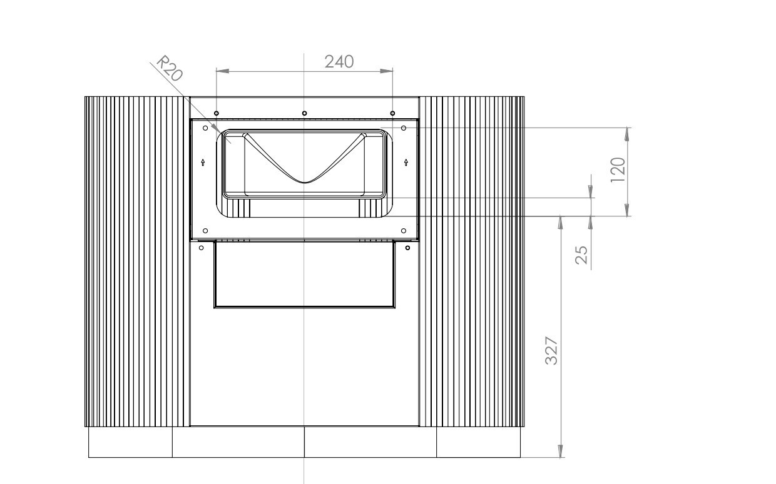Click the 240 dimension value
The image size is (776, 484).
[x=339, y=61]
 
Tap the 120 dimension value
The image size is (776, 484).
[x=618, y=169]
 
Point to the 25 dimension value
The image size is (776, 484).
[x=581, y=255]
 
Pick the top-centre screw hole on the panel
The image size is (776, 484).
[x=304, y=113]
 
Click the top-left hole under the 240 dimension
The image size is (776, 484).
[x=216, y=113]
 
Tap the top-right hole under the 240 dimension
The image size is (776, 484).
[x=392, y=113]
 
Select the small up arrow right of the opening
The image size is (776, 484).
[x=407, y=162]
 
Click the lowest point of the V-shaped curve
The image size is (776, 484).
[x=304, y=182]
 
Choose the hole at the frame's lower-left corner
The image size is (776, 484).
[x=205, y=231]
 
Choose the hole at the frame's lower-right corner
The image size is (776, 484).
[x=404, y=231]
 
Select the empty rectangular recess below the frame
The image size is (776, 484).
[x=304, y=275]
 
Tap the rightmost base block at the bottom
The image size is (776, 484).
[x=478, y=442]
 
